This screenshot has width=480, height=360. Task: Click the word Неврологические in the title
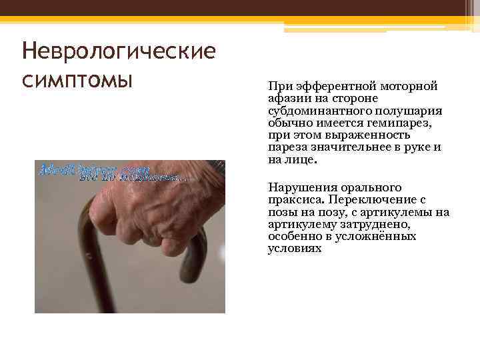pos(119,51)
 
